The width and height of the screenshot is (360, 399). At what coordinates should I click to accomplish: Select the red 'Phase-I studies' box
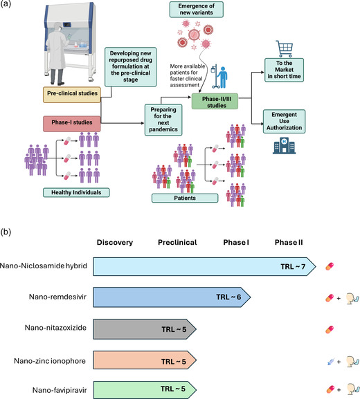72,124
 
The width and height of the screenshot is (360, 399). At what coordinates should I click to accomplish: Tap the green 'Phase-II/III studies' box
215,101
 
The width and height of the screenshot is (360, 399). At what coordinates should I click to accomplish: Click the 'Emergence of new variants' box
197,9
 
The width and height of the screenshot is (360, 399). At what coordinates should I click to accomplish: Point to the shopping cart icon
284,49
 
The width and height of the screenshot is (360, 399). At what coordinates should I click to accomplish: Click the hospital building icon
284,145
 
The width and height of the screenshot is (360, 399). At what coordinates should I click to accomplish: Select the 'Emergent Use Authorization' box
284,122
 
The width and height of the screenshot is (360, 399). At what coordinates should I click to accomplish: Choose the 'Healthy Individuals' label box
76,192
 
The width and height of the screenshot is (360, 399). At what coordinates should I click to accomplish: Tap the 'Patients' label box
185,198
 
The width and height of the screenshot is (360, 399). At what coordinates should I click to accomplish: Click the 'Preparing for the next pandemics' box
163,120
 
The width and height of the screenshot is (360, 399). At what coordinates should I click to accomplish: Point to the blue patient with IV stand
219,76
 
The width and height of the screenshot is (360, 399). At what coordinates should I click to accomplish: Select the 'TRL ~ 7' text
293,266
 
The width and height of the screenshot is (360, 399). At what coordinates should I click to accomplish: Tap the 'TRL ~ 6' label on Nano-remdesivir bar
228,297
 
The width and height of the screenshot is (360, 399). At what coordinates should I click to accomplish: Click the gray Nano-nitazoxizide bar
145,329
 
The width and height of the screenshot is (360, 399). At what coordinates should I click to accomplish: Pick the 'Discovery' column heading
115,242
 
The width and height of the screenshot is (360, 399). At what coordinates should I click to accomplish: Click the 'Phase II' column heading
289,242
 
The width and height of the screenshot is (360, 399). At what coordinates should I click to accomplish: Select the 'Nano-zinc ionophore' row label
50,361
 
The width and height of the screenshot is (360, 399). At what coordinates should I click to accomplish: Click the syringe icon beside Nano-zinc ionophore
331,362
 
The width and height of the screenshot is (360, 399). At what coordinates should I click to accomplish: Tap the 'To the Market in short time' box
284,70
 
